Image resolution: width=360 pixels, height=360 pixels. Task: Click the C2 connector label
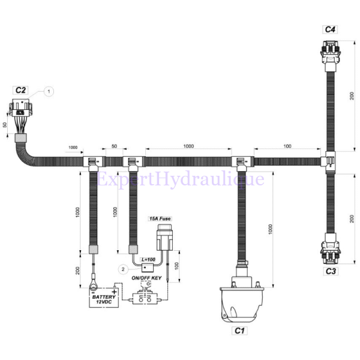(21, 91)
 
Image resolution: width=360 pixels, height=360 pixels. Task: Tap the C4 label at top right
(330, 29)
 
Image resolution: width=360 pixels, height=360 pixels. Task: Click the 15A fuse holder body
(163, 238)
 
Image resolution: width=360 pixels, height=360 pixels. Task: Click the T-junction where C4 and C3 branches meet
(329, 161)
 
